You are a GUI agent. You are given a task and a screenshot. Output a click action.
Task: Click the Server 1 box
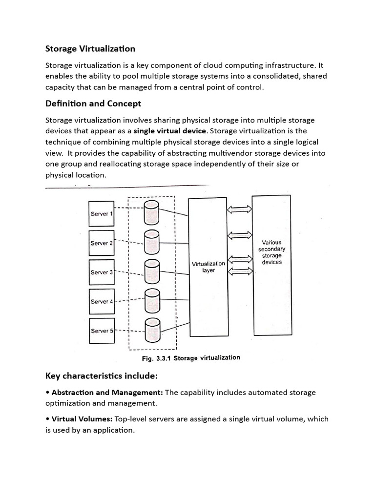click(102, 214)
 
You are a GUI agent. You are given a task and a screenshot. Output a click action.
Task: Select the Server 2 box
click(102, 243)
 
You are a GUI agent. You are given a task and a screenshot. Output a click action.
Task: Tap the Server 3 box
click(102, 272)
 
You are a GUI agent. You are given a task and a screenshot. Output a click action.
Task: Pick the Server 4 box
click(102, 302)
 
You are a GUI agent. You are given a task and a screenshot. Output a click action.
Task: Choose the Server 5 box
click(102, 331)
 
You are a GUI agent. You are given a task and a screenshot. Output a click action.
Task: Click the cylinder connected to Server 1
click(151, 214)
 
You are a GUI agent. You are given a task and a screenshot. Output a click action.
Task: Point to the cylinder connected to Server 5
click(151, 331)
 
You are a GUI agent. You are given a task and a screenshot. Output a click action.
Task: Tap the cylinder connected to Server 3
click(151, 271)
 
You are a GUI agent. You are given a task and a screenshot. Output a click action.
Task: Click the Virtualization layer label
click(208, 267)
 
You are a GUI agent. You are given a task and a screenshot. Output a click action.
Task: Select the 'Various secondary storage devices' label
click(271, 252)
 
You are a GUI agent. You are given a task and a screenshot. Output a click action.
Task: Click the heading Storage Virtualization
click(90, 49)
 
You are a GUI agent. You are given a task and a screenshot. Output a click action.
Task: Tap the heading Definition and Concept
click(93, 104)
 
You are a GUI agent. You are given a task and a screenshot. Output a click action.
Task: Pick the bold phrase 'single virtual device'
click(170, 131)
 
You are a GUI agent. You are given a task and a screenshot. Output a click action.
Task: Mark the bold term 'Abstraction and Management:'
click(107, 393)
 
